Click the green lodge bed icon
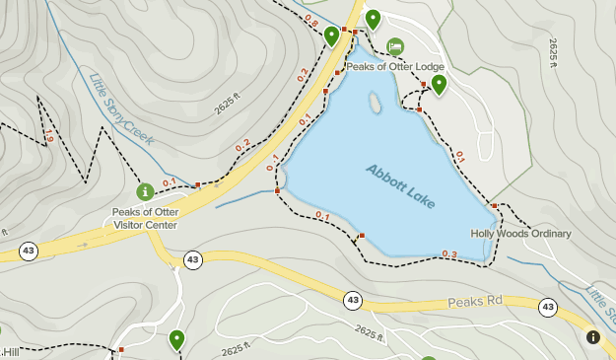click(394, 46)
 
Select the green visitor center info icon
click(145, 189)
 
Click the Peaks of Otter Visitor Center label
click(145, 218)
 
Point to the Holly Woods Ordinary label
click(520, 234)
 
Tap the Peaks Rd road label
click(475, 301)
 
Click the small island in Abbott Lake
click(375, 103)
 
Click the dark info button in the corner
click(593, 337)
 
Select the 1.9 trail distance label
click(47, 138)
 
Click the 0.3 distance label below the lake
click(449, 254)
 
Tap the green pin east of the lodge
click(439, 84)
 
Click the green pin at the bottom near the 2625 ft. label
click(176, 339)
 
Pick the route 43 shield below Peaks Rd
click(353, 299)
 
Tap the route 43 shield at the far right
click(547, 308)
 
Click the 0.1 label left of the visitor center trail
click(169, 181)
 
